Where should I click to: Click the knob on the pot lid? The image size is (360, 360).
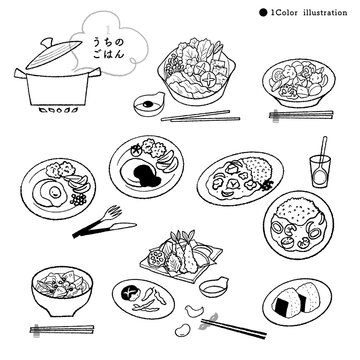(x=47, y=42)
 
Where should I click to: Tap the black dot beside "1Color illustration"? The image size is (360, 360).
(x=263, y=13)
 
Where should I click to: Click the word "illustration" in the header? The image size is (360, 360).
(x=325, y=13)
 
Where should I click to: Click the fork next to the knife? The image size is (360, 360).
(x=97, y=221)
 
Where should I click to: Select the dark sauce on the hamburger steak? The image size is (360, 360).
(x=145, y=174)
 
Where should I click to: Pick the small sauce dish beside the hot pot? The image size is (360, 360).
(x=149, y=104)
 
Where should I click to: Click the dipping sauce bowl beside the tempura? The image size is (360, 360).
(x=213, y=287)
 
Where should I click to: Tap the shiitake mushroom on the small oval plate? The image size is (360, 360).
(x=128, y=293)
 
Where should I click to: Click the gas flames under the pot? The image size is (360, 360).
(x=58, y=110)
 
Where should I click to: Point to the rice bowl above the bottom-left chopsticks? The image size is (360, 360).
(x=62, y=291)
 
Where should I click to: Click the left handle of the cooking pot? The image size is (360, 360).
(x=20, y=73)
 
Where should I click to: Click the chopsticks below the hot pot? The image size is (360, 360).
(x=200, y=116)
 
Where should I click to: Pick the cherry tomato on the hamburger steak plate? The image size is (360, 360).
(x=136, y=151)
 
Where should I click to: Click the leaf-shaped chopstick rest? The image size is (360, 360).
(x=207, y=321)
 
